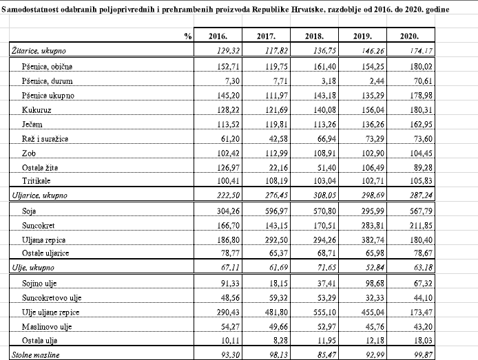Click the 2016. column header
209,36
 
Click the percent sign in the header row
187,36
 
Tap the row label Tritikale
37,180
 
